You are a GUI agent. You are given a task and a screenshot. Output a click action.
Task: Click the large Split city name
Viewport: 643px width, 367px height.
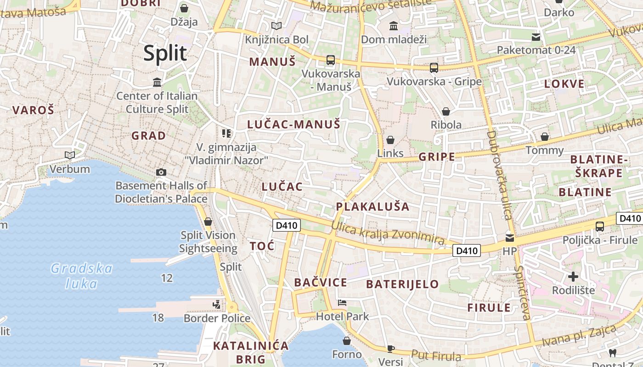coord(165,53)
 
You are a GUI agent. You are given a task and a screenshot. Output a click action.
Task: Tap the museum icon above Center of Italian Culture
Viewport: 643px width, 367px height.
coord(157,83)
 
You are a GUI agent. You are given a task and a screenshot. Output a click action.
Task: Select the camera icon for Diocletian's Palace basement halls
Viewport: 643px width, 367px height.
coord(161,172)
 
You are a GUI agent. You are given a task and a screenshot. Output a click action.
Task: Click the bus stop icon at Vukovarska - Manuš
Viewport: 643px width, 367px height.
coord(330,60)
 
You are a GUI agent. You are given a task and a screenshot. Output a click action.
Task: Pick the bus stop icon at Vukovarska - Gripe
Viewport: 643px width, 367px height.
coord(434,68)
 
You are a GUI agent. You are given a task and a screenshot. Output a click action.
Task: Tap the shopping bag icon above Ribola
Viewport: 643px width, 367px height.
coord(446,111)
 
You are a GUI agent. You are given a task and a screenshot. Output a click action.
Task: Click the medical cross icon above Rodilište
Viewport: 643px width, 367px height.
coord(573,277)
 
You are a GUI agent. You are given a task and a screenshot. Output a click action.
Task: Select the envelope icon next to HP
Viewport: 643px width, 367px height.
coord(510,238)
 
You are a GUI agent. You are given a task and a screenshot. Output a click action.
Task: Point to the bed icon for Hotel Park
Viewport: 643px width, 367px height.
coord(342,303)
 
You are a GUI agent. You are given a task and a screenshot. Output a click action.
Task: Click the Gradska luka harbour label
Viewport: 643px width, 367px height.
coord(82,276)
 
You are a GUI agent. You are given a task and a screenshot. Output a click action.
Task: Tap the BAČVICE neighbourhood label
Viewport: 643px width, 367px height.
coord(321,283)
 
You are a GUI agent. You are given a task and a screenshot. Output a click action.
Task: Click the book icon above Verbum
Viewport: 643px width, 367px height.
coord(70,156)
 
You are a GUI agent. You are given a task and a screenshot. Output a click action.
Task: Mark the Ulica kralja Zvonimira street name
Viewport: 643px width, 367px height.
coord(388,233)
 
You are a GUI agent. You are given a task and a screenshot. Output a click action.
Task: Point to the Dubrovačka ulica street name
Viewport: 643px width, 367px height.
coord(499,181)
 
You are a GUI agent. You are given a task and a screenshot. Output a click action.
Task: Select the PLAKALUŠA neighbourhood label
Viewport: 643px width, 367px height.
coord(372,206)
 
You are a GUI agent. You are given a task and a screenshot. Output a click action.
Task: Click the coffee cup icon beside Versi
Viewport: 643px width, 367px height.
coord(391,349)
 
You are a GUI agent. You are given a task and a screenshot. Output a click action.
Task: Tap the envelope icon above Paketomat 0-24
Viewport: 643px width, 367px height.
coord(536,37)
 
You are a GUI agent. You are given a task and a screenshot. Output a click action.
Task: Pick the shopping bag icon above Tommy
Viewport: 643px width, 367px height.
coord(545,137)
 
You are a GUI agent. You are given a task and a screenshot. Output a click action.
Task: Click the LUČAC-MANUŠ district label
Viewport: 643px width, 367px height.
coord(293,124)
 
